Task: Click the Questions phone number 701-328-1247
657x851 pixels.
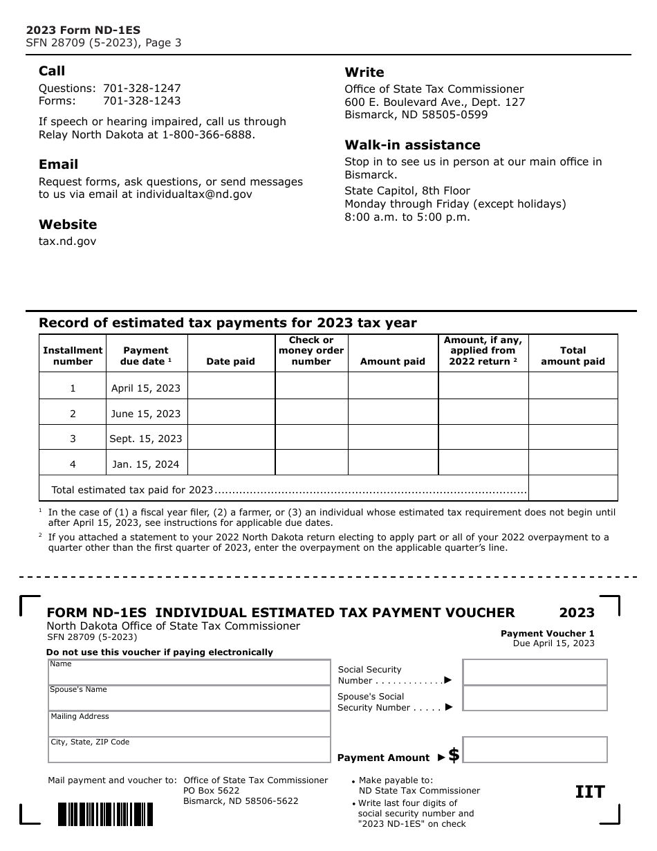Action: click(x=142, y=89)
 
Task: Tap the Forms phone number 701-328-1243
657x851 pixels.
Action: click(x=142, y=101)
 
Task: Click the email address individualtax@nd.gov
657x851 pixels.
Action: click(x=194, y=194)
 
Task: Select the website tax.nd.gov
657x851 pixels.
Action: click(x=67, y=241)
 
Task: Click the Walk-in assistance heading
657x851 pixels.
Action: click(x=412, y=145)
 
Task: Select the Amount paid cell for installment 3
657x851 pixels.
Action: click(x=393, y=438)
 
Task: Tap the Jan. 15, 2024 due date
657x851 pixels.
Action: click(x=146, y=464)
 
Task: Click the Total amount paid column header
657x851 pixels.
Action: click(x=573, y=356)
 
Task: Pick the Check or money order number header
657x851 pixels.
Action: click(x=311, y=351)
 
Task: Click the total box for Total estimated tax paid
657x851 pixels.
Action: click(x=573, y=488)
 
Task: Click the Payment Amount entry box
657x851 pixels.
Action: click(x=535, y=750)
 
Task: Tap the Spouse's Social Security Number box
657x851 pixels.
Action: click(x=535, y=699)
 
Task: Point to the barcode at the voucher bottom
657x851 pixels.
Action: click(x=105, y=814)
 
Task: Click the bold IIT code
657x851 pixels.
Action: click(x=590, y=792)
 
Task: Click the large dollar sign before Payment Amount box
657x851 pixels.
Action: click(x=454, y=756)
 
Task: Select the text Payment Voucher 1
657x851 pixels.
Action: click(x=547, y=634)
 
